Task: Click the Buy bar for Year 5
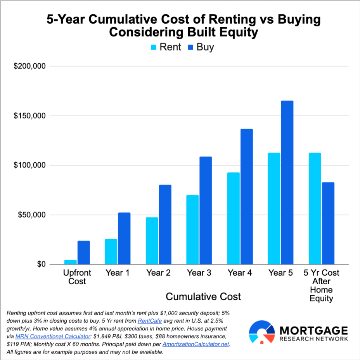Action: pos(287,183)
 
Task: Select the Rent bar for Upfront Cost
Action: pos(70,262)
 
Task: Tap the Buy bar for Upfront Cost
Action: pos(83,252)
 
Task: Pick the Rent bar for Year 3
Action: pos(192,230)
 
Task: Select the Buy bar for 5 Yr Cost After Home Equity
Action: pos(328,223)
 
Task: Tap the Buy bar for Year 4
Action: pos(246,197)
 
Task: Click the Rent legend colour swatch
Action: pos(153,47)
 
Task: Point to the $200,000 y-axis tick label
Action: pos(30,66)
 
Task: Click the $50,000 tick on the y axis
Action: pos(32,215)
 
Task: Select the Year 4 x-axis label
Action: pos(240,273)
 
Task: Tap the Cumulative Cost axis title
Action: pos(203,297)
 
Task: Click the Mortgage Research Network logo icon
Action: pos(262,332)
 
